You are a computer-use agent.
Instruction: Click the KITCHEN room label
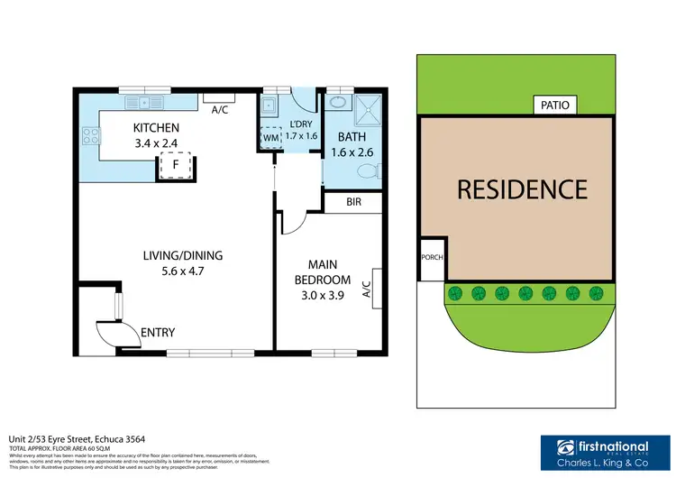[156, 128]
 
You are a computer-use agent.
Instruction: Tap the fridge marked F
[176, 165]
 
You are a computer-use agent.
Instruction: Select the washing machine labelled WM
[269, 138]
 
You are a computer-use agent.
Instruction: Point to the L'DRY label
[302, 125]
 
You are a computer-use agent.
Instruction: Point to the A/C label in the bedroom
[367, 289]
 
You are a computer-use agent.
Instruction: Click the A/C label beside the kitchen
[218, 110]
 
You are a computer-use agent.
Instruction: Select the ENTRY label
[158, 333]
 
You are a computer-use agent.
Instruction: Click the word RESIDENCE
[522, 189]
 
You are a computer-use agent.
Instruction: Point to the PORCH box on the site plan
[432, 258]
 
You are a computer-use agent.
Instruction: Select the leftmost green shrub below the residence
[454, 292]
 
